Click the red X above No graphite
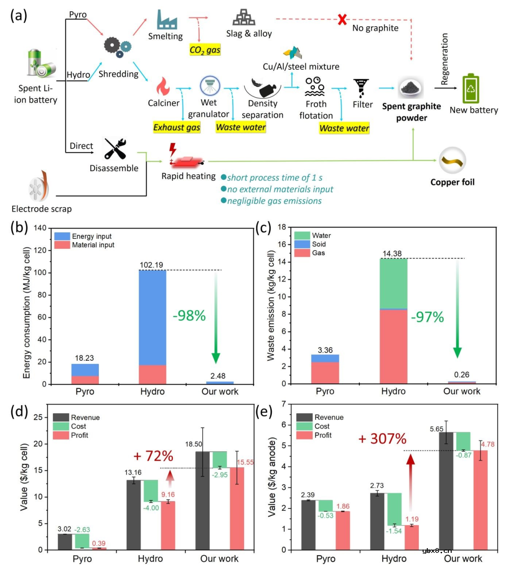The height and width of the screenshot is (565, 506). (x=342, y=20)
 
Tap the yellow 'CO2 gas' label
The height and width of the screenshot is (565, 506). (x=205, y=50)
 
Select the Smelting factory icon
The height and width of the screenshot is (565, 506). (x=166, y=19)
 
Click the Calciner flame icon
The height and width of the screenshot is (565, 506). (x=163, y=87)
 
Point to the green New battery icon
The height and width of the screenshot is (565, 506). (x=471, y=89)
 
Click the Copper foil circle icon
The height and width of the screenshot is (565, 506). (x=453, y=160)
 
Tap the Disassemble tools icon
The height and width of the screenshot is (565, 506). (x=115, y=149)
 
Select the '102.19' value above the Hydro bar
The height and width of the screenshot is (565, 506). (x=151, y=265)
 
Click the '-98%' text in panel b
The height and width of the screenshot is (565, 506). (x=189, y=316)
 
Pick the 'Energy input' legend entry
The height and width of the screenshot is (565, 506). (x=92, y=236)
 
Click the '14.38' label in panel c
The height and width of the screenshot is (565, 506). (x=392, y=253)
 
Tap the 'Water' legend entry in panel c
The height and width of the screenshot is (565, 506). (x=321, y=235)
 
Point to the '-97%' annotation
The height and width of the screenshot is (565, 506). (x=427, y=317)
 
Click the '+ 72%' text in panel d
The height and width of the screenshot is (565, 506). (x=153, y=455)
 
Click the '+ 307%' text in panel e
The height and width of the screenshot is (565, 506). (x=382, y=439)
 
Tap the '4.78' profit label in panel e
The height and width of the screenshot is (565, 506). (x=487, y=444)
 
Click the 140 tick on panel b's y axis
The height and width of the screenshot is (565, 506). (x=40, y=228)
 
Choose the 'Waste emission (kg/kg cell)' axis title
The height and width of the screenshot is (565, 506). (x=271, y=305)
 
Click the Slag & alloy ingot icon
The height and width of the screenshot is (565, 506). (x=244, y=17)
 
